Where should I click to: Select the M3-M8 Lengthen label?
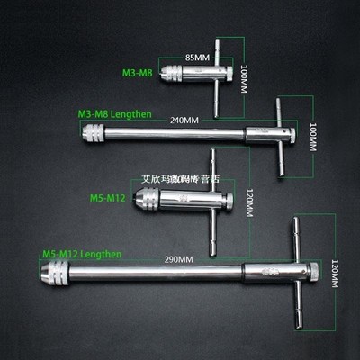coord(114,115)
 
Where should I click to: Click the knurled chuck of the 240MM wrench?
coord(94,134)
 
